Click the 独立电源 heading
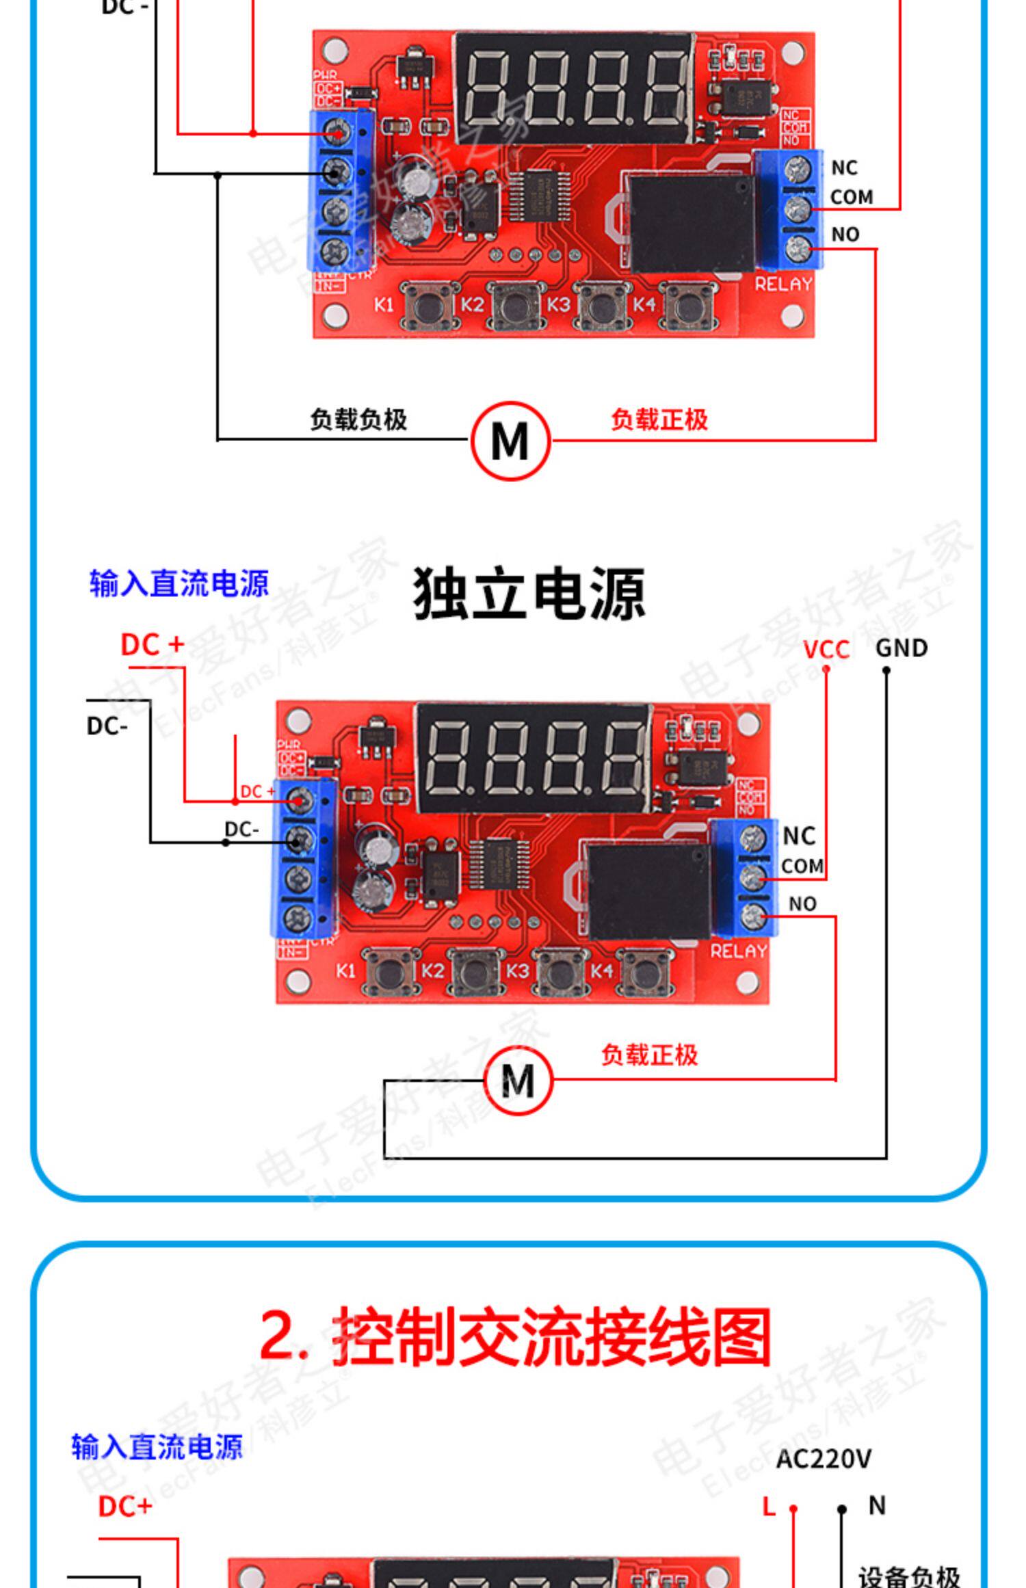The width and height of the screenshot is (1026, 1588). (529, 594)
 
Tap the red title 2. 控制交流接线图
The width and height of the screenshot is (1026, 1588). (515, 1335)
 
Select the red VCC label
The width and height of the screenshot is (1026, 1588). (826, 649)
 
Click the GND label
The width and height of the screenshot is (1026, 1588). (902, 648)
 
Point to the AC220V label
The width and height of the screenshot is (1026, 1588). (824, 1459)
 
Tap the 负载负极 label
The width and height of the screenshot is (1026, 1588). (358, 419)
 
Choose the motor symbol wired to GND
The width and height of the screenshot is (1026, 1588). (518, 1081)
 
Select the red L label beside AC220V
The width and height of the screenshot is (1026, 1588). (770, 1507)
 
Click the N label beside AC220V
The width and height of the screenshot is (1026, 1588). (877, 1505)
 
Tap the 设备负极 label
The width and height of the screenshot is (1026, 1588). (909, 1574)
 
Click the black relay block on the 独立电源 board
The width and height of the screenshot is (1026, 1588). (648, 891)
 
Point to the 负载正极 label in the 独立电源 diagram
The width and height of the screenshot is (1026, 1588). (649, 1055)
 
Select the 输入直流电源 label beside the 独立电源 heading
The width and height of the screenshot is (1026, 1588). (179, 583)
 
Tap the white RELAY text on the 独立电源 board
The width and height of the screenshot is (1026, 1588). (738, 951)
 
